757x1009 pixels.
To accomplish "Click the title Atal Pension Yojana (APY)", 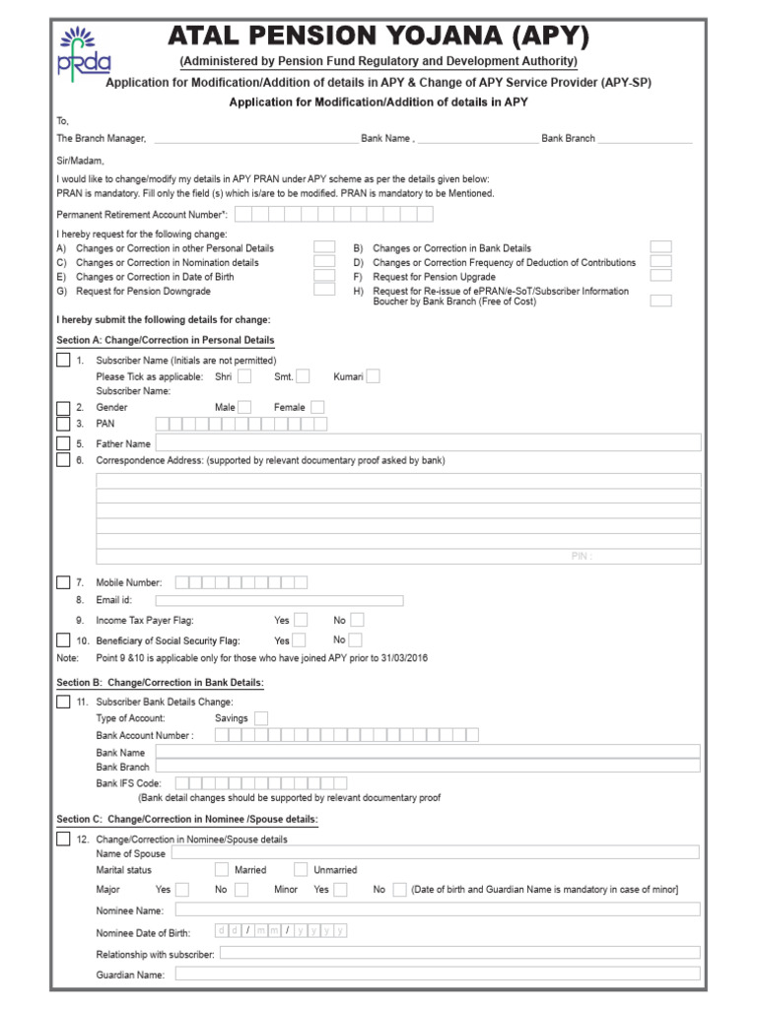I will (378, 37).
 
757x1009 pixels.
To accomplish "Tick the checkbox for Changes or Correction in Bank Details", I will (660, 247).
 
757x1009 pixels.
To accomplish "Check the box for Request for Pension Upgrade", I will (660, 277).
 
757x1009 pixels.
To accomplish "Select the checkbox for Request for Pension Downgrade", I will (323, 291).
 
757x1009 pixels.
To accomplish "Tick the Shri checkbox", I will (244, 375).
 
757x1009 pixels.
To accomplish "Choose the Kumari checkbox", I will (373, 375).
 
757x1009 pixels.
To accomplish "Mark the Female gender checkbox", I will (318, 407).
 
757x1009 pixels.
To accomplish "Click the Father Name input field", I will (428, 443).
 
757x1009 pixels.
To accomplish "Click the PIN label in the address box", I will (581, 556).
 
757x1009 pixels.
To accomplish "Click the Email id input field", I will (279, 600).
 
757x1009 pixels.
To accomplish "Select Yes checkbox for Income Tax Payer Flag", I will (301, 620).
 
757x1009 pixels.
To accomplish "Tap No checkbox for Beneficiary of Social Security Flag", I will (357, 639).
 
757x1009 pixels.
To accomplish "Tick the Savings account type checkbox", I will (261, 718).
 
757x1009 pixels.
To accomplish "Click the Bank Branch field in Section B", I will (428, 766).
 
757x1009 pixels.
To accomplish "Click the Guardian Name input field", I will (438, 974).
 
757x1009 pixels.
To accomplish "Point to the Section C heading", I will (187, 819).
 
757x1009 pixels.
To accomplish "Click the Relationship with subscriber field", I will (459, 953).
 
